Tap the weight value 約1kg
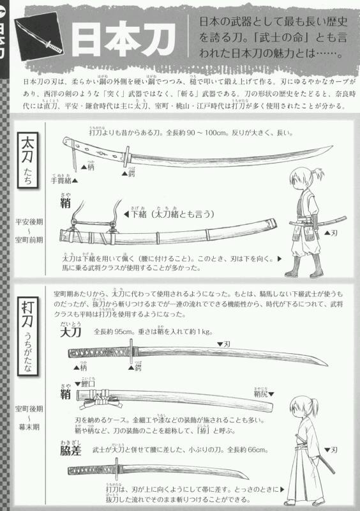click(200, 332)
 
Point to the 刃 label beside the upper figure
click(333, 233)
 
